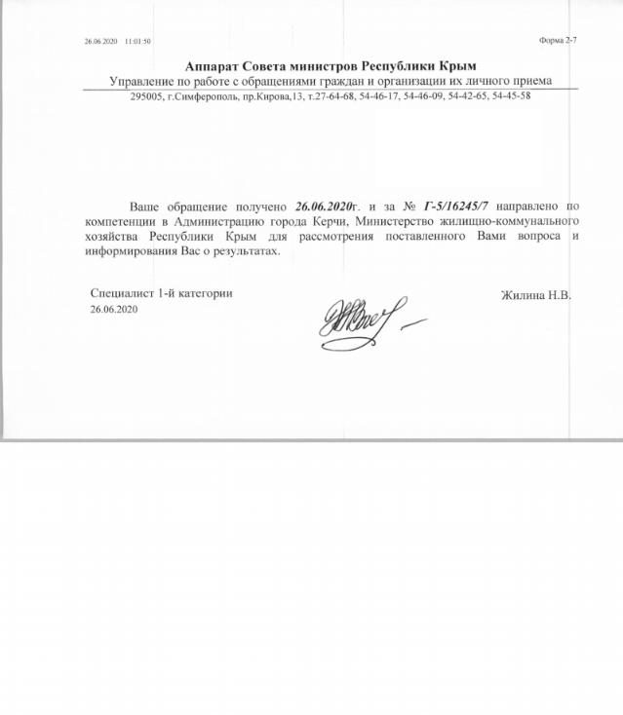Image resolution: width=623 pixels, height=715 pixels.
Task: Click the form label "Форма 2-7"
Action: [558, 41]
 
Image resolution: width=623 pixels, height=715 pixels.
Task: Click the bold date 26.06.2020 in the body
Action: [321, 207]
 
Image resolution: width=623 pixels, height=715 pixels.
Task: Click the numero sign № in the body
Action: [407, 207]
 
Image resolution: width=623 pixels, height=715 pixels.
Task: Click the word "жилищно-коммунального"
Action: [518, 222]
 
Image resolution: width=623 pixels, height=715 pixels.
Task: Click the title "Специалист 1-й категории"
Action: [161, 293]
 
